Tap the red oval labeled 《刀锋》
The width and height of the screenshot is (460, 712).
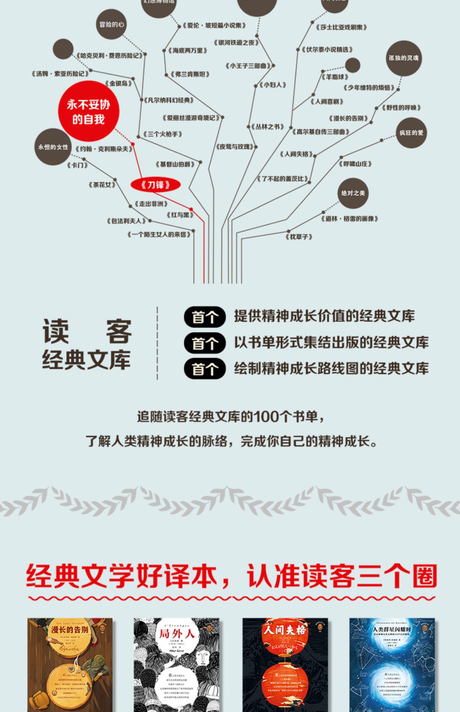pos(155,185)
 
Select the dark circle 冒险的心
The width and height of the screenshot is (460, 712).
pos(112,25)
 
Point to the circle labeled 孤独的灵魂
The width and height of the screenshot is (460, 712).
pos(404,58)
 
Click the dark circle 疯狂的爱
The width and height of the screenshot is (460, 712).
pos(411,133)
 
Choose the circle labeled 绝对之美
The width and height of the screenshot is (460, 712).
pos(353,193)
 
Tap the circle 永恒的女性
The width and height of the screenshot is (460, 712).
pos(53,147)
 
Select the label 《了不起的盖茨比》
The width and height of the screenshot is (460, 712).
pos(283,178)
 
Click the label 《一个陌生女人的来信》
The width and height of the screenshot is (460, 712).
pos(159,235)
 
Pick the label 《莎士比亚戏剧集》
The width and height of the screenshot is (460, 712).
pos(341,27)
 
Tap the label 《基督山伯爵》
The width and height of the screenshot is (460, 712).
pos(175,164)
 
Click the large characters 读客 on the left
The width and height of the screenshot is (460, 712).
pos(87,331)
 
